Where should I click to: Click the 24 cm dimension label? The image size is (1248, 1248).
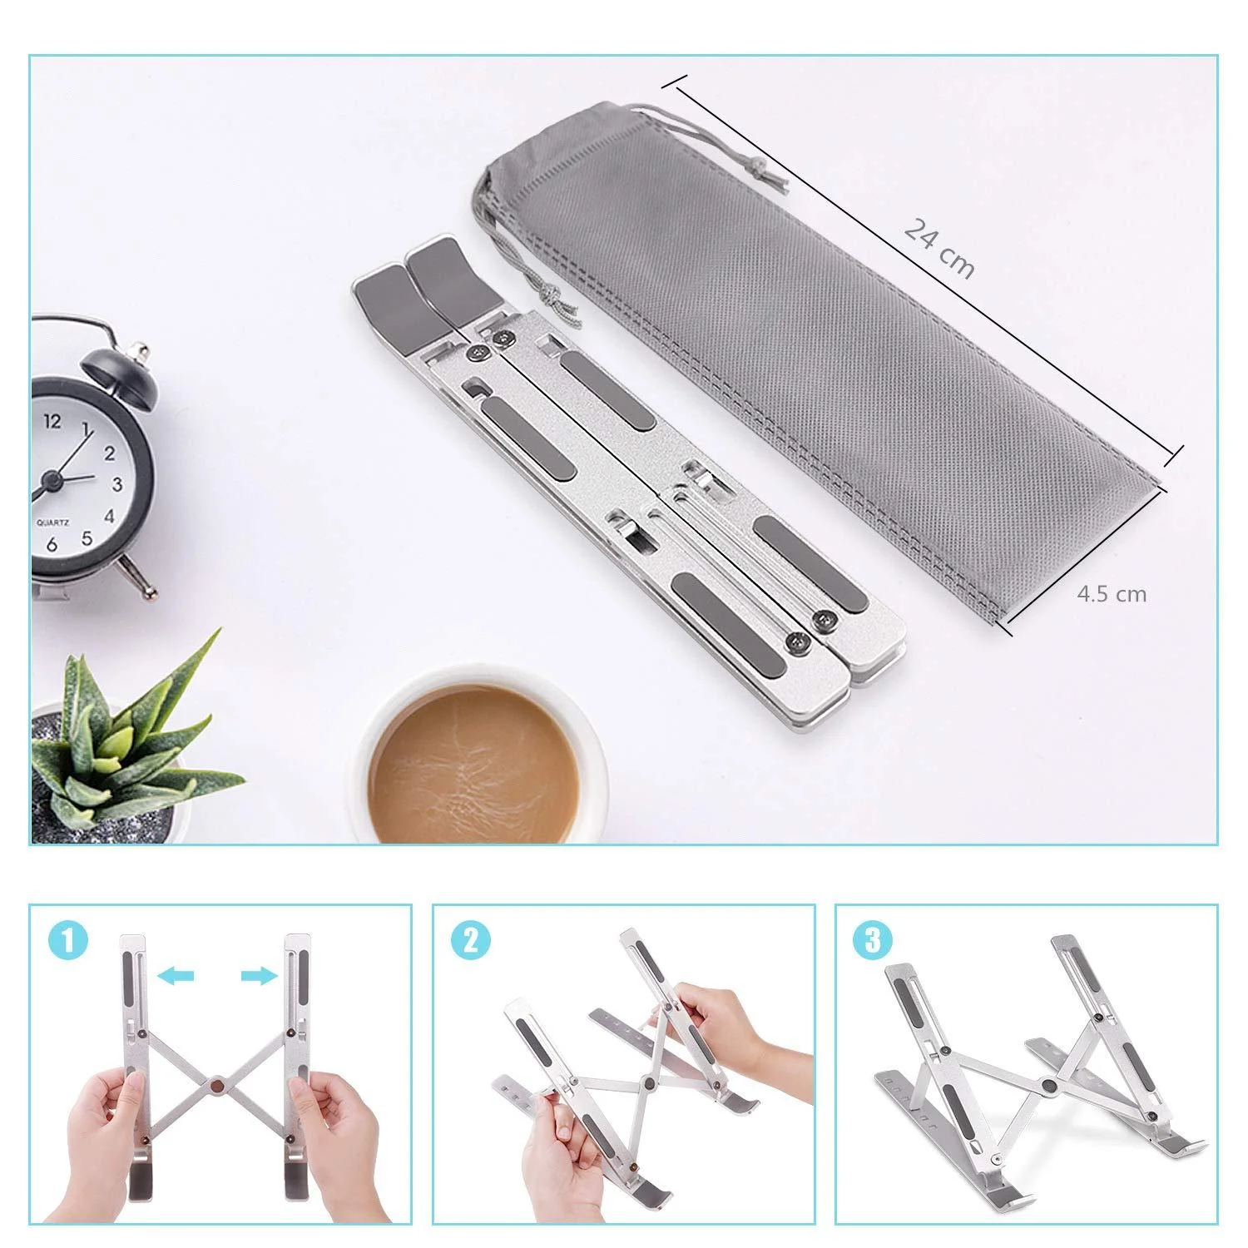click(x=938, y=247)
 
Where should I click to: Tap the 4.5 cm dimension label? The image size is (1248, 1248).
click(x=1112, y=594)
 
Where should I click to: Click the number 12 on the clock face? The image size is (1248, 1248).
click(x=52, y=421)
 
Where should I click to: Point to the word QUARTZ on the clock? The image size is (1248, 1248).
click(x=52, y=523)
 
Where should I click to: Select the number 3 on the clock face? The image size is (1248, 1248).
click(x=117, y=484)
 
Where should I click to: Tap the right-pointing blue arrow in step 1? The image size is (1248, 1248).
click(x=259, y=975)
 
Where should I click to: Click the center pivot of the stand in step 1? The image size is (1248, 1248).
click(x=217, y=1084)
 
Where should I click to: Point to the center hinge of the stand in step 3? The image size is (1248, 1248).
click(x=1050, y=1086)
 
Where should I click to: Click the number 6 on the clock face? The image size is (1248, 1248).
click(x=52, y=545)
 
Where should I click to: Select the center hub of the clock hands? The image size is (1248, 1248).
click(x=52, y=480)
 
